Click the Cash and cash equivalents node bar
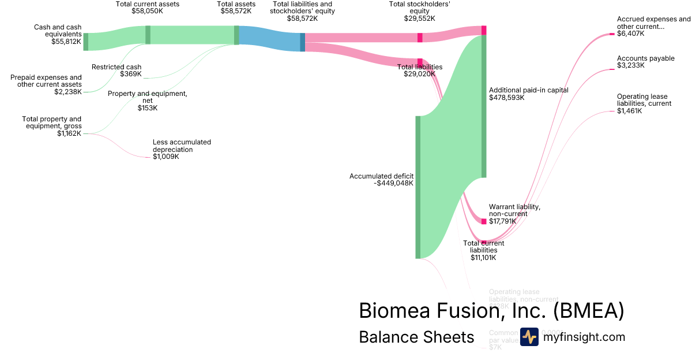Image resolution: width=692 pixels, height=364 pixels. point(86,42)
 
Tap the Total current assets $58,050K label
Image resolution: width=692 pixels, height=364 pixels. point(148,8)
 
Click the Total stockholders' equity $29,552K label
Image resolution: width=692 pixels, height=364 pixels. point(419,11)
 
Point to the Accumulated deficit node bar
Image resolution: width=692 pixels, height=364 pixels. point(418,187)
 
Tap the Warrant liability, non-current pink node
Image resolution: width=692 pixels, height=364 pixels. point(484,221)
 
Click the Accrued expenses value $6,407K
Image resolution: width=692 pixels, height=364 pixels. point(631,34)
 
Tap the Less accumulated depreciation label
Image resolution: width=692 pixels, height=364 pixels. point(182,149)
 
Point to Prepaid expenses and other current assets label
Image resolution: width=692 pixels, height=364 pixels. point(46,84)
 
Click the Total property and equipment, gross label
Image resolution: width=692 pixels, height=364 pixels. point(52,126)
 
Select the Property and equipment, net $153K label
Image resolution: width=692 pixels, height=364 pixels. point(147,101)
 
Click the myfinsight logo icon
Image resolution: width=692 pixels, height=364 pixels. point(529,337)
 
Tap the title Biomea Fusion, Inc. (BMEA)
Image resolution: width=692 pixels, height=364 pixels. point(491,311)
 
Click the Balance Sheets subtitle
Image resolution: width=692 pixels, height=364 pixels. point(416,337)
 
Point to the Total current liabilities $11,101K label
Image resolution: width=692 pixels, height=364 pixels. point(484,250)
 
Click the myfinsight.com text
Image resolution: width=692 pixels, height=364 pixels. point(584,337)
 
